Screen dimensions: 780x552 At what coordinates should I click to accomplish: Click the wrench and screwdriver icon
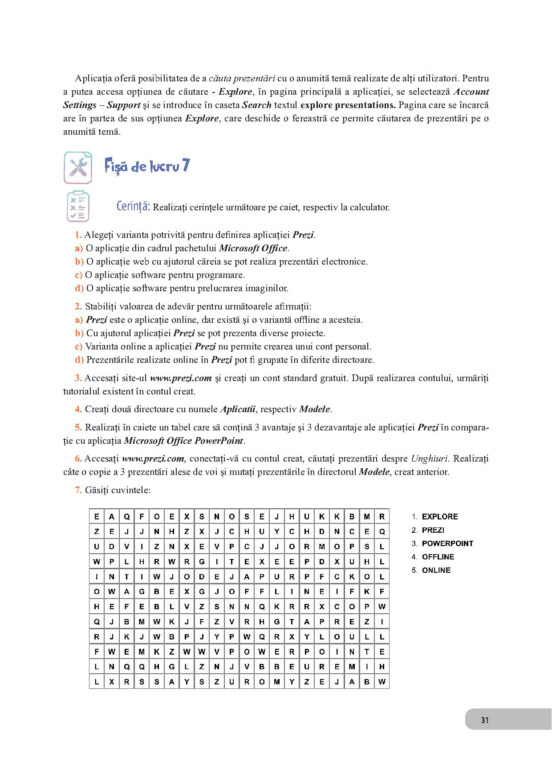(78, 168)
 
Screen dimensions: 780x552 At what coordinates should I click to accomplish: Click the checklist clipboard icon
(78, 206)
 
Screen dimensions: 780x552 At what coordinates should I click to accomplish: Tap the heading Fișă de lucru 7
(147, 166)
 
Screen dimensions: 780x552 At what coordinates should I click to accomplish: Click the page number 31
(485, 720)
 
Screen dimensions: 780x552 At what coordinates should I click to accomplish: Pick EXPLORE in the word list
(439, 517)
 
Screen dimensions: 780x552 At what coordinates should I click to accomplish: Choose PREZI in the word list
(433, 530)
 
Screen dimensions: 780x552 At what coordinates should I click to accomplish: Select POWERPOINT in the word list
(447, 543)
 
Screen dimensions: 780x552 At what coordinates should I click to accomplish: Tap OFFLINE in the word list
(438, 557)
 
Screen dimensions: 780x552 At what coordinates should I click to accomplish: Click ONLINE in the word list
(436, 570)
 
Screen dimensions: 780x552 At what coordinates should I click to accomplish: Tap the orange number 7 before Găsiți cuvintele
(78, 490)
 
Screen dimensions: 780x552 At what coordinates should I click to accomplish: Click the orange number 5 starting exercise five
(78, 428)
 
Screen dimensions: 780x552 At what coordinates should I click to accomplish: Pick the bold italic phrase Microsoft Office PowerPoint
(183, 441)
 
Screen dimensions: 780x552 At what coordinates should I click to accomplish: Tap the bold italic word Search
(257, 105)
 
